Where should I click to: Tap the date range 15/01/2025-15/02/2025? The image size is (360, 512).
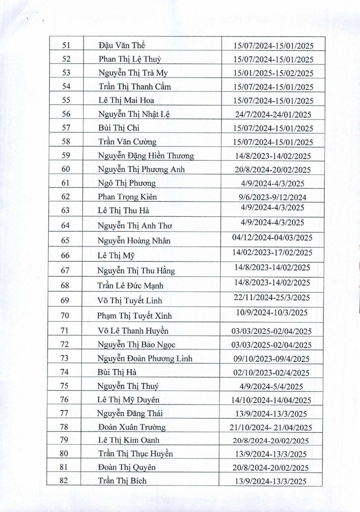(x=273, y=73)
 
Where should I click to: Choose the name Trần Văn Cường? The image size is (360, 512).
(x=127, y=142)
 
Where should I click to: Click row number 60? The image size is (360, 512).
(x=66, y=169)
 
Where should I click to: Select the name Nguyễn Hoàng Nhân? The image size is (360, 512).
(x=134, y=241)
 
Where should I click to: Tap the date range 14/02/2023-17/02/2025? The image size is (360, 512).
(x=272, y=253)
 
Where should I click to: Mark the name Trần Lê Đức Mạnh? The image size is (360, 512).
(x=130, y=285)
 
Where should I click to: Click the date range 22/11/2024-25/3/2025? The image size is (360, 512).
(x=272, y=297)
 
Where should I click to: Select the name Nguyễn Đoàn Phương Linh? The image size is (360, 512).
(x=145, y=358)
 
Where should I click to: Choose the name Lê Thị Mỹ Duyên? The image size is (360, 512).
(x=128, y=400)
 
